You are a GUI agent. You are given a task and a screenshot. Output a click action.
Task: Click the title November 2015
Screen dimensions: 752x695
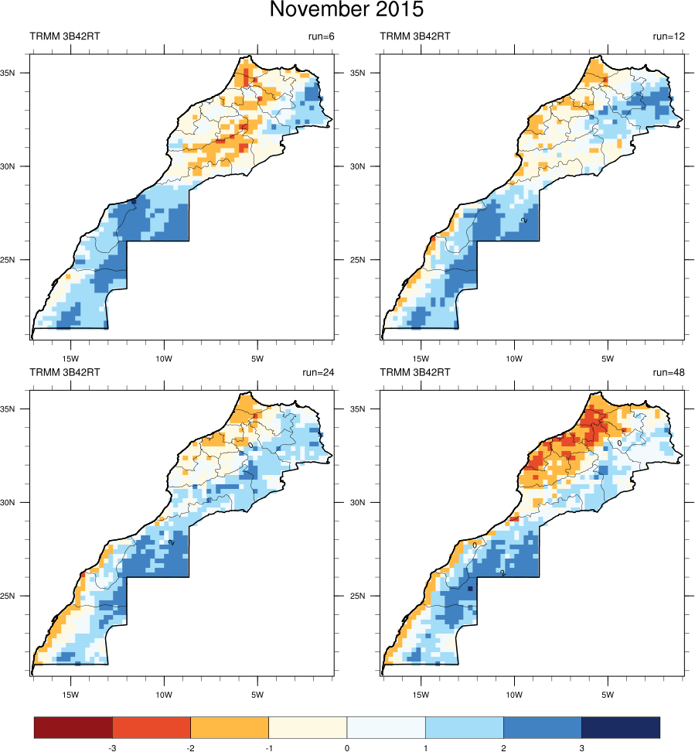coord(347,11)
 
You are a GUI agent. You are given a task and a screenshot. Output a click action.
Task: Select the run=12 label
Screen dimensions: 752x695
coord(666,36)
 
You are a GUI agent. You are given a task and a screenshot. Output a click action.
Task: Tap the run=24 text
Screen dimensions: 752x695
coord(316,372)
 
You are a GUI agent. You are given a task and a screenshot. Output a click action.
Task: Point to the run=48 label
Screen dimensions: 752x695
coord(666,372)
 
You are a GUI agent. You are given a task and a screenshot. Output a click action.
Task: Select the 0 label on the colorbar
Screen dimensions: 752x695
coord(346,748)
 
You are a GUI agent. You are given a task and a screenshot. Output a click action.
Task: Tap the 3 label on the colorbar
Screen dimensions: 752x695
coord(581,748)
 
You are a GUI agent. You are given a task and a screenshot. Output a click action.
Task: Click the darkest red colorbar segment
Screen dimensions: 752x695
coord(73,727)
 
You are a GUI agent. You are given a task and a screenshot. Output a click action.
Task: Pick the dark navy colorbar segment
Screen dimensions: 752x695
coord(621,727)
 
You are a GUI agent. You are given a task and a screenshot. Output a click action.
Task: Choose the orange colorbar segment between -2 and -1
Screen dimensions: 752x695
coord(230,727)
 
